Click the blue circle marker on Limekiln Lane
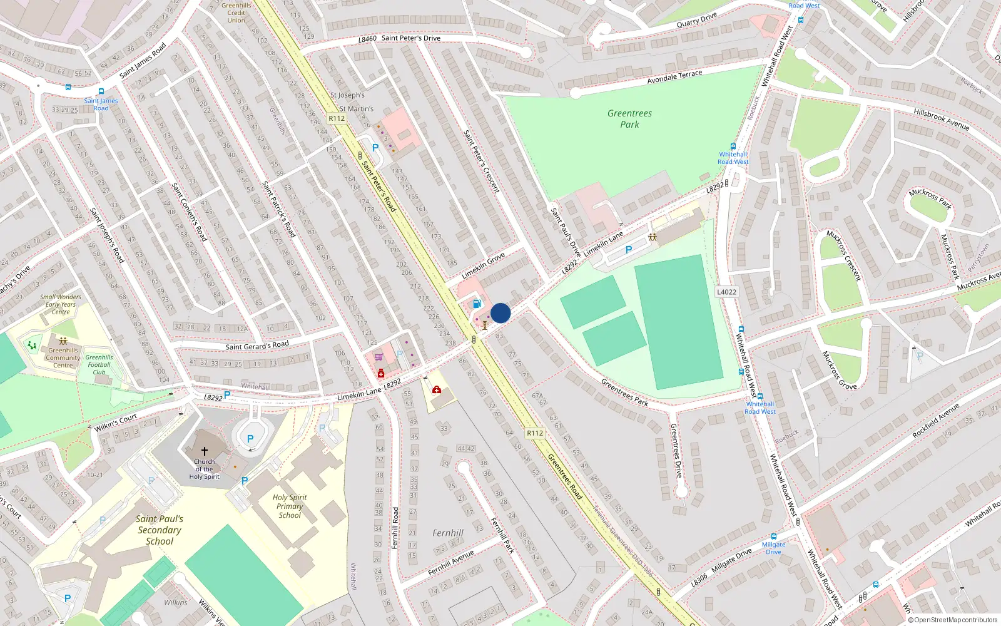coord(500,313)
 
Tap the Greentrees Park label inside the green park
coord(629,119)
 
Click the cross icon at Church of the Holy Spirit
coord(204,451)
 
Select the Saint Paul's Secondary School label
coord(160,530)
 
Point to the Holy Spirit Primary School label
coord(290,506)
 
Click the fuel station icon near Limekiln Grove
coord(477,304)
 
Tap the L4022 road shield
coord(726,292)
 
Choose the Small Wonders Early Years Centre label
coord(61,304)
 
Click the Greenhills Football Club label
coord(99,364)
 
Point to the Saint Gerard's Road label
coord(257,346)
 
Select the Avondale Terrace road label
coord(674,77)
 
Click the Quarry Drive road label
coord(696,20)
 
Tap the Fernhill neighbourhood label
coord(448,533)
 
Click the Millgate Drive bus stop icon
coord(774,536)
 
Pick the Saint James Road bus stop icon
coord(101,91)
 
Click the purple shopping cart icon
coord(379,357)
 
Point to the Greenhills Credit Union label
coord(236,13)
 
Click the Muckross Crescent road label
coord(843,255)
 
